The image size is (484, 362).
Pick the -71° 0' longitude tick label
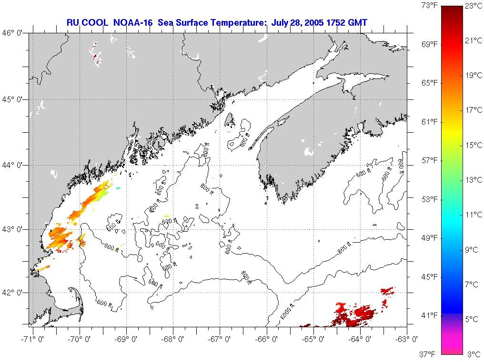point(33,339)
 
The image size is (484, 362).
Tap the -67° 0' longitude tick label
point(220,339)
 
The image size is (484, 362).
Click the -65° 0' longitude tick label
point(314,339)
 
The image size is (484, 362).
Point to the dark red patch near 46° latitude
point(95,56)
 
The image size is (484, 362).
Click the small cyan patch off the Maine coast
point(118,189)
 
